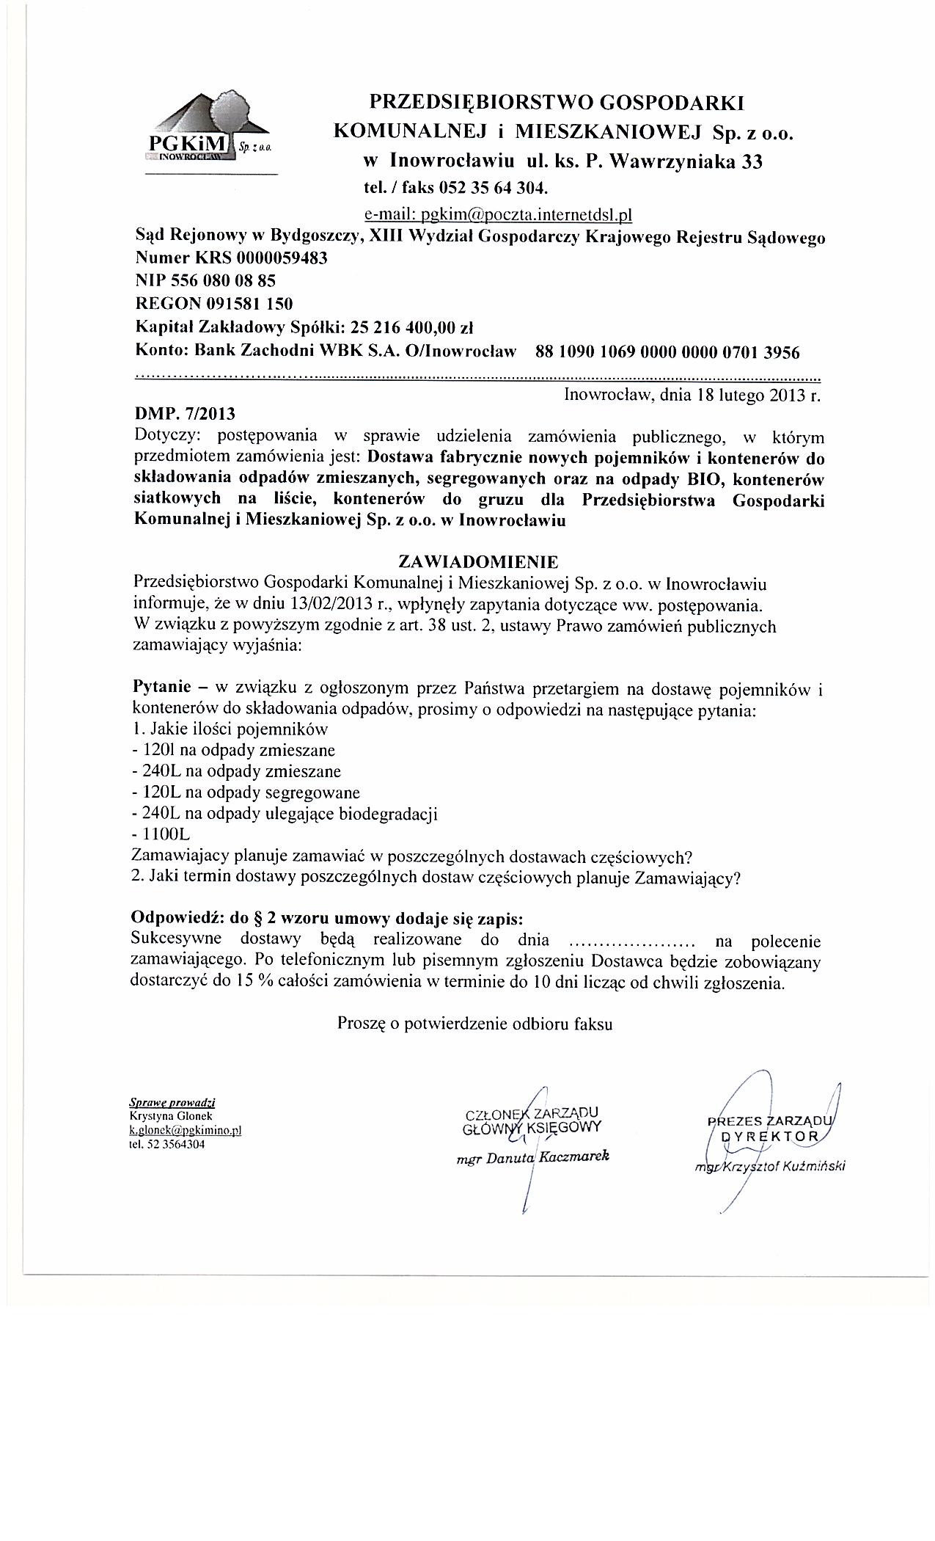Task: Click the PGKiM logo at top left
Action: (209, 128)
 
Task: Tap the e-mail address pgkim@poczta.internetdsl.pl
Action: (498, 214)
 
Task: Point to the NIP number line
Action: (206, 280)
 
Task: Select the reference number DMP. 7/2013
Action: (186, 415)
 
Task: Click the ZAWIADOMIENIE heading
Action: (477, 561)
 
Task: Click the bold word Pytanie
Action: (161, 689)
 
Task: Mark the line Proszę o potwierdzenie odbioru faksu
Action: (474, 1024)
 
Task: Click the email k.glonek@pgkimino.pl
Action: (185, 1131)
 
